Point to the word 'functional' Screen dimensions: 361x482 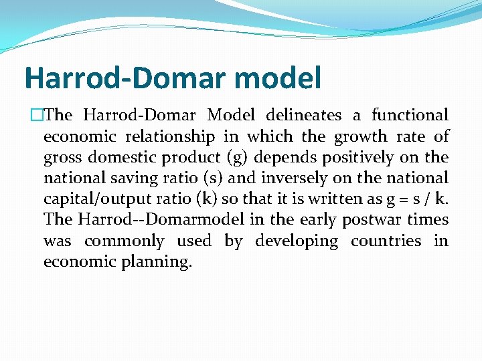pyautogui.click(x=410, y=116)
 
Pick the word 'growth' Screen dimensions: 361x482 pyautogui.click(x=360, y=136)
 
